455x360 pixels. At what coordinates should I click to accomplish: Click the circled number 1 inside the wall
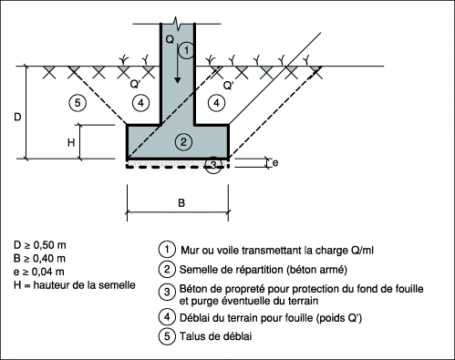(x=186, y=50)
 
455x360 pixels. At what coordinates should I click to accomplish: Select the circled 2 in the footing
(x=183, y=141)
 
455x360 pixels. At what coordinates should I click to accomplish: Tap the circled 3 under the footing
(x=213, y=165)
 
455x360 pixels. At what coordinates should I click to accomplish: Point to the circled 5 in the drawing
(x=78, y=103)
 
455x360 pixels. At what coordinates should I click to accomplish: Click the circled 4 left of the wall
(x=140, y=103)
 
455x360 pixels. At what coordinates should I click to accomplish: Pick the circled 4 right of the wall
(x=216, y=103)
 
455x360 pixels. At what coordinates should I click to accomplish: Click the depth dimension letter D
(x=17, y=117)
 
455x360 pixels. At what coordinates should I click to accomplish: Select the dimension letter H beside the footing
(x=71, y=142)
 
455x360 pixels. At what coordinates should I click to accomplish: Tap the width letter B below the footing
(x=181, y=202)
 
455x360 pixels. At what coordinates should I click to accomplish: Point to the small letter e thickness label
(x=275, y=163)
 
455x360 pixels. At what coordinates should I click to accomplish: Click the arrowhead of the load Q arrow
(x=178, y=79)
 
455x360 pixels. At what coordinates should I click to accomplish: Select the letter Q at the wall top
(x=170, y=39)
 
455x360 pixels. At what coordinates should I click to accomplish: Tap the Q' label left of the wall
(x=135, y=84)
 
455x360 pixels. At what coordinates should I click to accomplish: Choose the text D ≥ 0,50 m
(x=40, y=245)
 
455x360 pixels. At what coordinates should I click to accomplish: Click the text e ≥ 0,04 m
(x=39, y=272)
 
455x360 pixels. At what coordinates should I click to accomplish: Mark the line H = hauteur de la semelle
(x=75, y=285)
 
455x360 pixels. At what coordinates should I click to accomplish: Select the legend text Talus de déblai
(x=215, y=336)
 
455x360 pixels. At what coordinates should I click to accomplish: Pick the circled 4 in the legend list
(x=167, y=317)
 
